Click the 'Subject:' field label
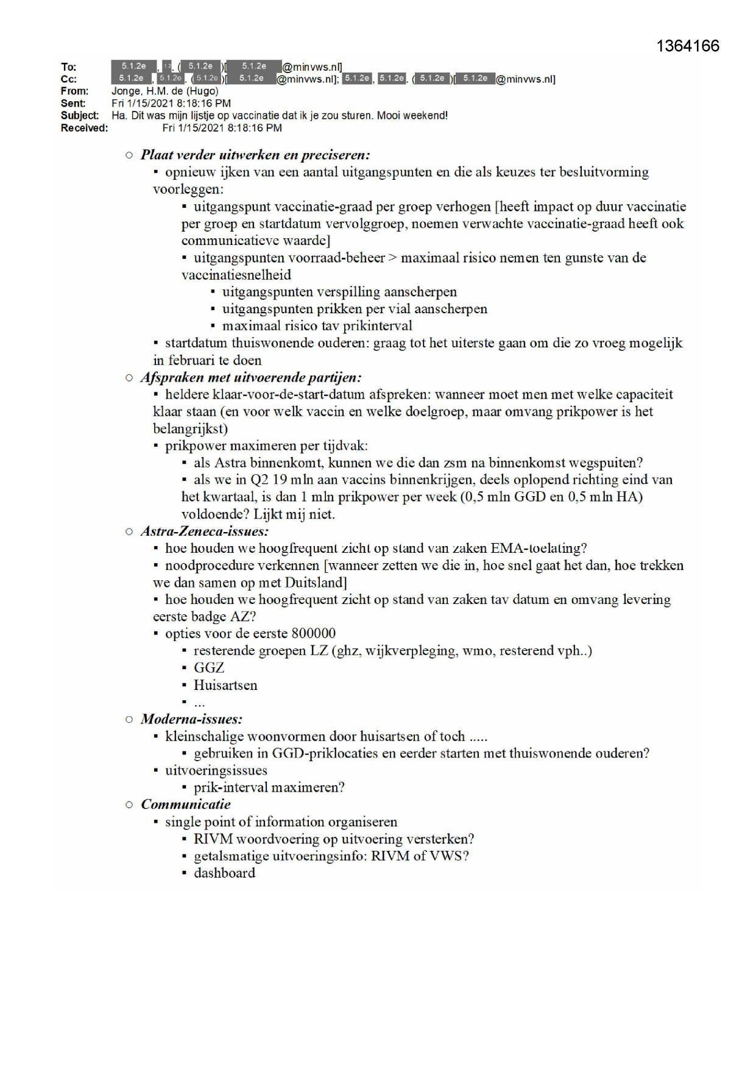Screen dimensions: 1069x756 point(79,116)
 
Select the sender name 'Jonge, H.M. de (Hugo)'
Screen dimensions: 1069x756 point(164,91)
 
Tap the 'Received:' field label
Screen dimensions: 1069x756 point(84,128)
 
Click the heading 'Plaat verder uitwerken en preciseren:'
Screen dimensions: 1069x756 point(255,155)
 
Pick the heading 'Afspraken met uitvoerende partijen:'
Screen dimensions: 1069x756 point(251,377)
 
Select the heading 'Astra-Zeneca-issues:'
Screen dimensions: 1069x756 point(205,531)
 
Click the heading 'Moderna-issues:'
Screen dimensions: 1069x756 point(191,719)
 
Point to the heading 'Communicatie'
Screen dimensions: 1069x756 point(186,804)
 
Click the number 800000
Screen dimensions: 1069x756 point(314,634)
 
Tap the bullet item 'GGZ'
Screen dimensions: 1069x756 point(209,668)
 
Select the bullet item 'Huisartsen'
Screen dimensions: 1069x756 point(225,685)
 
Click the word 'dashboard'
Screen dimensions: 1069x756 point(224,873)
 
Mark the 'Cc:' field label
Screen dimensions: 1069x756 point(69,79)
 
